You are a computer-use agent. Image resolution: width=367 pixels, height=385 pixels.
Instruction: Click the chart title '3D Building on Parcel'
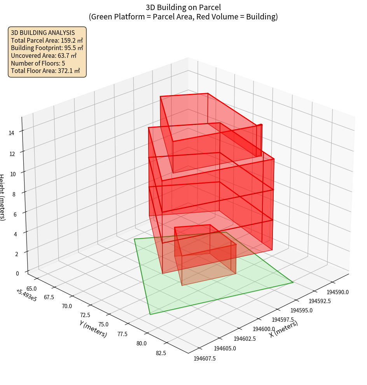coord(183,7)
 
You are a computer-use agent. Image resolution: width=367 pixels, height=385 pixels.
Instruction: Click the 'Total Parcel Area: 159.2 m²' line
coord(47,40)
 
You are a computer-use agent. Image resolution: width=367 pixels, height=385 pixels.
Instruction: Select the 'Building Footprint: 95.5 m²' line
coord(47,48)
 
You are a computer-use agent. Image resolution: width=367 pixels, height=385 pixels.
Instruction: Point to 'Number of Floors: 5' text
coord(38,63)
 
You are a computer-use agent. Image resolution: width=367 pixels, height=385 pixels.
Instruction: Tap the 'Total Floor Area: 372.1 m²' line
coord(45,71)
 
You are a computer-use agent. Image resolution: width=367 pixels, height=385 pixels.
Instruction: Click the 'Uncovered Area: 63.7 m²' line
coord(44,55)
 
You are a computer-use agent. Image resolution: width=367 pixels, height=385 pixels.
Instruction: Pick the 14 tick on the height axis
coord(13,133)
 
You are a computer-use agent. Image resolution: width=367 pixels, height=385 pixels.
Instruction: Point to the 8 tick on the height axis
coord(14,193)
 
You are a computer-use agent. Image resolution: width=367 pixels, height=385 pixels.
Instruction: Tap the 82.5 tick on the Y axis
coord(160,353)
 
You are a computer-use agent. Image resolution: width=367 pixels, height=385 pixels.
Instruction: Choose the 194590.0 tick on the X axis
coord(337,292)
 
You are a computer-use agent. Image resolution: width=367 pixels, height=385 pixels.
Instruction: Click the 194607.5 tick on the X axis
coord(204,358)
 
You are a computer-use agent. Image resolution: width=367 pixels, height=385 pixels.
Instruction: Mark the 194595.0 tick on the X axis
coord(301,310)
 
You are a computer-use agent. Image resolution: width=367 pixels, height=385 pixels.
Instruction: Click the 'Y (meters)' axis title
coord(93,328)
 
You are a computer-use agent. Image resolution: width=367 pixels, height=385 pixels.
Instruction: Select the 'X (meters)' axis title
coord(283,329)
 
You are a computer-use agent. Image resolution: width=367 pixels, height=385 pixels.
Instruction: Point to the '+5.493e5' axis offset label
coord(26,295)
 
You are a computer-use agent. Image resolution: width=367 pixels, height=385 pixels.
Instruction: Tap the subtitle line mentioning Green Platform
coord(183,17)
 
